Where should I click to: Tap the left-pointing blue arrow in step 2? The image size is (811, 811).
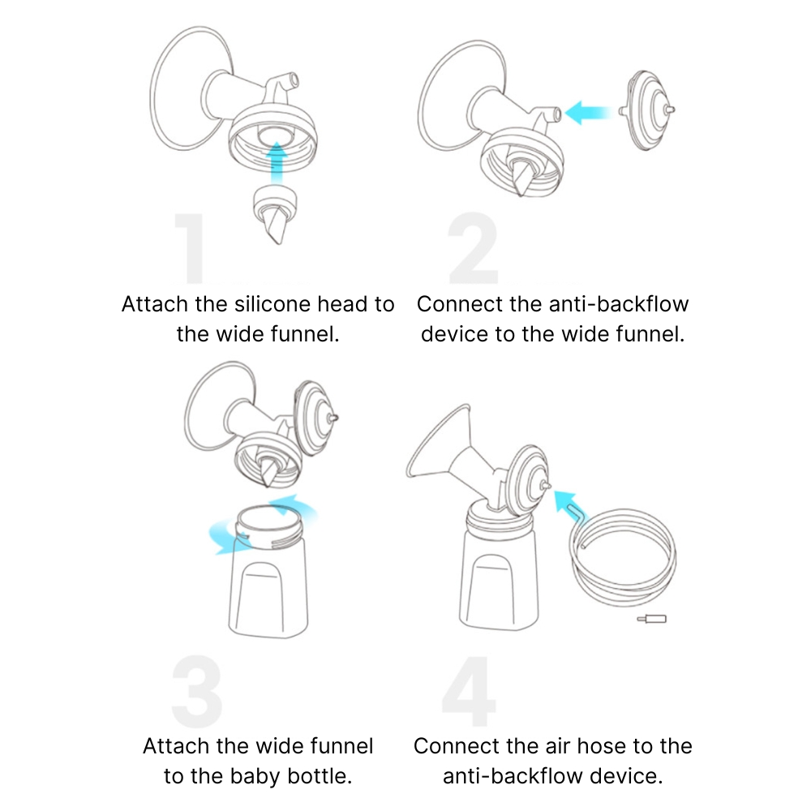(x=589, y=112)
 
